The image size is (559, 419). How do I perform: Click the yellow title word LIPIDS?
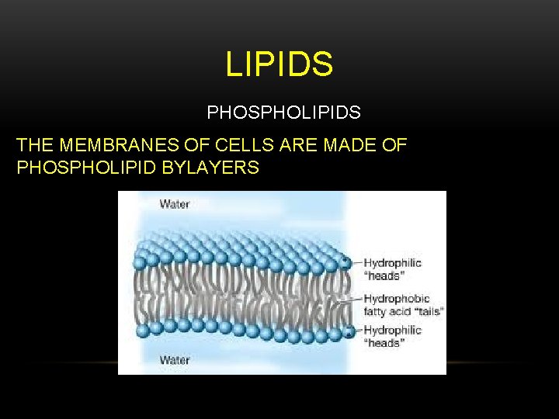click(279, 64)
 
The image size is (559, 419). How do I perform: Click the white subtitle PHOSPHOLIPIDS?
click(283, 113)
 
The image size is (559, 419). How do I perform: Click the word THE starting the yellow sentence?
click(34, 145)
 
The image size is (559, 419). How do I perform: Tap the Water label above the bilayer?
click(175, 204)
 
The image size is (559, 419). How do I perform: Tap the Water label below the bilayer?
click(175, 360)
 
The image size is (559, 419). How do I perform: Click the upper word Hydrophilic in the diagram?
click(393, 262)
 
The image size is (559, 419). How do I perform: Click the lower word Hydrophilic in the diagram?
click(393, 330)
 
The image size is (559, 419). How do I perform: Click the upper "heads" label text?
click(384, 275)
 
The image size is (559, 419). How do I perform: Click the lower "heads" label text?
click(384, 343)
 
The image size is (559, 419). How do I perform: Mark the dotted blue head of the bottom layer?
click(347, 331)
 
